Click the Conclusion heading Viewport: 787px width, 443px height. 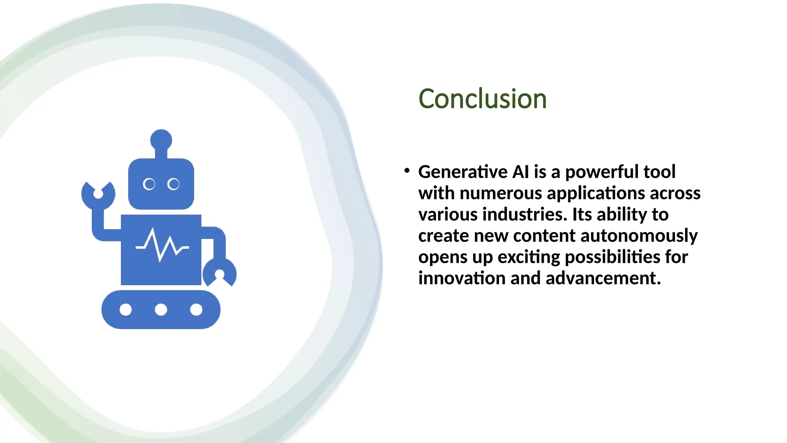pos(482,99)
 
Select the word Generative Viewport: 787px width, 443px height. pos(462,172)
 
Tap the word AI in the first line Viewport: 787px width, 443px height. pos(521,172)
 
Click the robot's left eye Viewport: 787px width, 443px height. pos(149,184)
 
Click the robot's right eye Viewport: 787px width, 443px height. pos(173,184)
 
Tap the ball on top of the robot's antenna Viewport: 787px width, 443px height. pos(161,140)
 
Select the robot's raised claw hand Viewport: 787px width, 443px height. pos(98,195)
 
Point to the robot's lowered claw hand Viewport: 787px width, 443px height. pos(219,273)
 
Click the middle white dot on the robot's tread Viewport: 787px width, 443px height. pos(161,310)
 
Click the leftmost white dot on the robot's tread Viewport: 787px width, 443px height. pos(126,310)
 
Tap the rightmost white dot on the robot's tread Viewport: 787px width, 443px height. pos(196,310)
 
